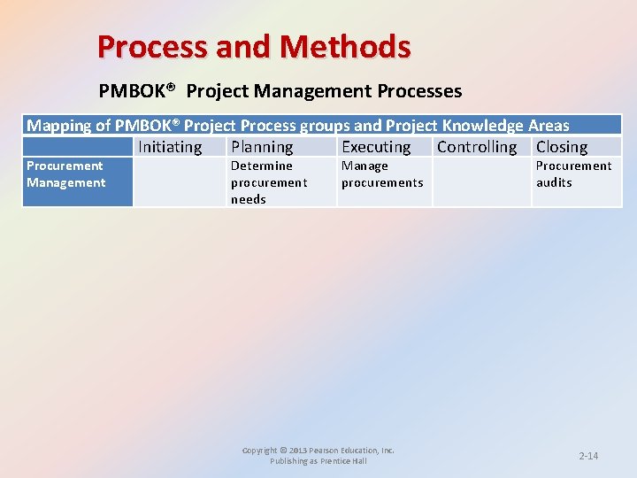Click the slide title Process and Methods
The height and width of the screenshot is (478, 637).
(254, 46)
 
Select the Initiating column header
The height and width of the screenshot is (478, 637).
(170, 147)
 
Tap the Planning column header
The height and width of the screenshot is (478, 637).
(262, 147)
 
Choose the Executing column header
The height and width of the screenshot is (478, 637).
(376, 147)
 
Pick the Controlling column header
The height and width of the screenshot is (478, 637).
(477, 147)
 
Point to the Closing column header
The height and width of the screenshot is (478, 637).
(562, 147)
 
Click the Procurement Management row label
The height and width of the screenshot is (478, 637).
(65, 174)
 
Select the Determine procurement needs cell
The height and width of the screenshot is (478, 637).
(269, 182)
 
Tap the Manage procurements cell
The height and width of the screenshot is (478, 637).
(382, 174)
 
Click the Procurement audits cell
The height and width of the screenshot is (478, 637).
(573, 174)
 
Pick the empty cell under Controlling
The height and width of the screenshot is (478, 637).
(481, 182)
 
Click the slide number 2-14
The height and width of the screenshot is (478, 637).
(588, 456)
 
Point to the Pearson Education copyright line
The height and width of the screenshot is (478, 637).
(318, 451)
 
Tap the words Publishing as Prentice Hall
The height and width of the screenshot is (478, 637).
(318, 461)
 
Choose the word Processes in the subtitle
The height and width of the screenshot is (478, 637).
(420, 91)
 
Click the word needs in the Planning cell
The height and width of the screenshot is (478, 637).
(249, 199)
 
